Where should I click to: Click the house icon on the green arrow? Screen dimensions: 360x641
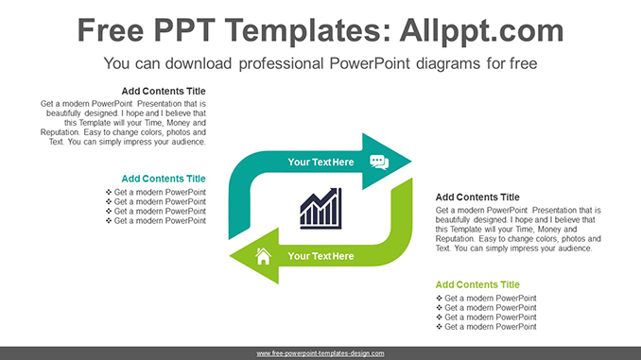[263, 255]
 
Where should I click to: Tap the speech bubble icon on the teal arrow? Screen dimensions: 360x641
[379, 162]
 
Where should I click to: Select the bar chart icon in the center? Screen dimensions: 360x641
[320, 208]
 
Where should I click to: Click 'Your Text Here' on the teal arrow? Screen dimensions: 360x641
[320, 163]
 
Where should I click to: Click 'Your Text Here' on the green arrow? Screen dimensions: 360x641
[320, 256]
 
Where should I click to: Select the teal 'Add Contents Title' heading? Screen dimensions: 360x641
[164, 179]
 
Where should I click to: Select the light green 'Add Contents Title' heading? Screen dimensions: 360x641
[477, 284]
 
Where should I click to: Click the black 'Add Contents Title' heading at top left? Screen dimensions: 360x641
[164, 92]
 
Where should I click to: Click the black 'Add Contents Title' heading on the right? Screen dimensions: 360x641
[477, 197]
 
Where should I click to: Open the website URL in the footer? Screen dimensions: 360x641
[320, 353]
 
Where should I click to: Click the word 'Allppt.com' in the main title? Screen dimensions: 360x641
[482, 30]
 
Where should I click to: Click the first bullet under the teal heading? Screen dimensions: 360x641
[155, 193]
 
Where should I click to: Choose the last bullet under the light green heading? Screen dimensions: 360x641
[486, 327]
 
